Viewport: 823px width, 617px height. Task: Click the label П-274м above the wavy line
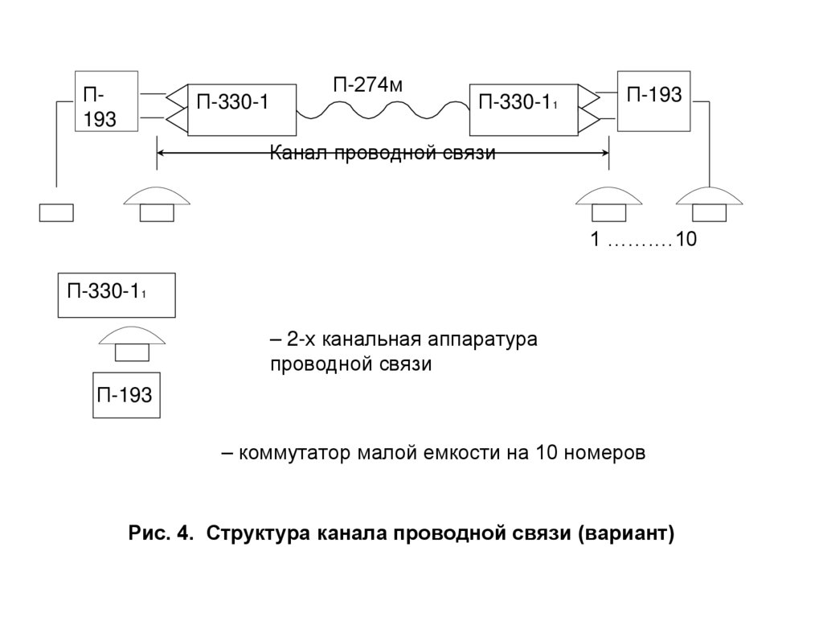pyautogui.click(x=366, y=84)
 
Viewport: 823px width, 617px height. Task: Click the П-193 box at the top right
pyautogui.click(x=653, y=101)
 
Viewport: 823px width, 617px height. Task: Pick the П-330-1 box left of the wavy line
pyautogui.click(x=240, y=109)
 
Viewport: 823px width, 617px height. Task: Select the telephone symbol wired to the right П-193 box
pyautogui.click(x=710, y=203)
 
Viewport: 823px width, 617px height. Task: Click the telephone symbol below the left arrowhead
pyautogui.click(x=158, y=203)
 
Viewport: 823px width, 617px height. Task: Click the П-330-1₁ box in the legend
pyautogui.click(x=117, y=295)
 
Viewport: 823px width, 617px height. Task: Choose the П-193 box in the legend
pyautogui.click(x=126, y=395)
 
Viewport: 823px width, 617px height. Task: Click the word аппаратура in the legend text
pyautogui.click(x=485, y=339)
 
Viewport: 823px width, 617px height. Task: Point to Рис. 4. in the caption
pyautogui.click(x=162, y=533)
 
